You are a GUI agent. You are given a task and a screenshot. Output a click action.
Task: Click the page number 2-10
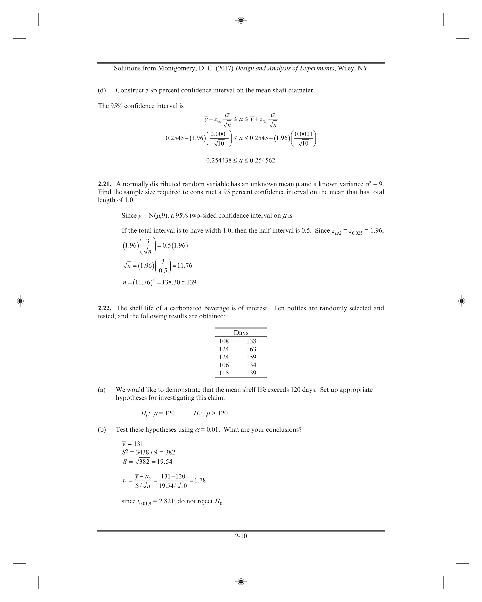241,536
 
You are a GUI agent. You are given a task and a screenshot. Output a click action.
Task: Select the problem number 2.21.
104,184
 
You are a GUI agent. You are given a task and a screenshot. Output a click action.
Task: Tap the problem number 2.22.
104,308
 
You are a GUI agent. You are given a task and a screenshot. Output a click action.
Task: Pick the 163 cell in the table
251,349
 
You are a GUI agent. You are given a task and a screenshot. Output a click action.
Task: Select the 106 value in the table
224,365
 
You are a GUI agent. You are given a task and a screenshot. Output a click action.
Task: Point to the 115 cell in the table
224,373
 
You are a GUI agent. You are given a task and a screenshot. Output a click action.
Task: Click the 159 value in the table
251,357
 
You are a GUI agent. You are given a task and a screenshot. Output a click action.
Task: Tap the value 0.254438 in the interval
219,160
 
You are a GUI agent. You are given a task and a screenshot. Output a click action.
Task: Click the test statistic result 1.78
200,480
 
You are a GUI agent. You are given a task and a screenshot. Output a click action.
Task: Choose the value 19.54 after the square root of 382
165,462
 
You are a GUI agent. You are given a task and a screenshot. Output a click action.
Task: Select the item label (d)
102,90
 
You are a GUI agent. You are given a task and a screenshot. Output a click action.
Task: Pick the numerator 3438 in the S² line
142,452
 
